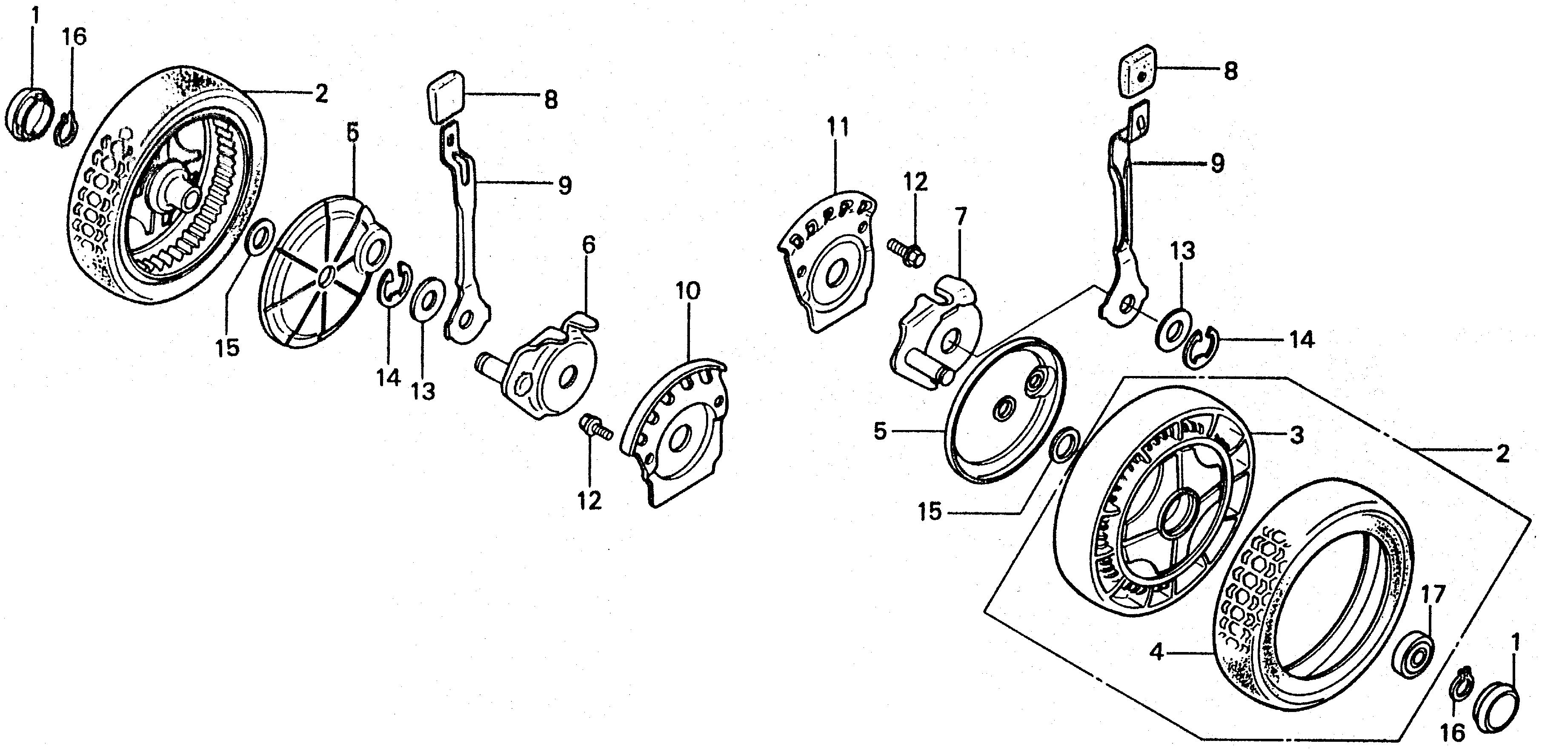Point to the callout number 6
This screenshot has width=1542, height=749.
point(589,246)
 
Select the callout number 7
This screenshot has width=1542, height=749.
point(960,218)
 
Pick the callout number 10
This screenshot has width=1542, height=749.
point(688,292)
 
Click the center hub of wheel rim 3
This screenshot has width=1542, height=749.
point(1173,515)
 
